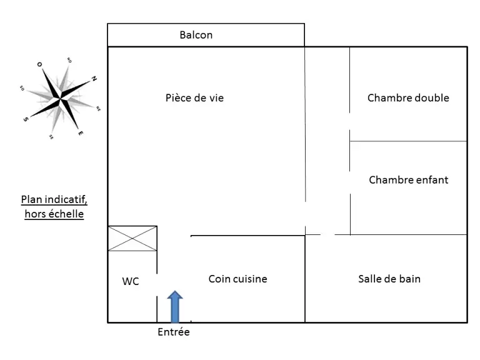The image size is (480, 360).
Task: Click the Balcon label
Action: point(196,35)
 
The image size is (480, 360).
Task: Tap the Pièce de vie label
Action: point(195,98)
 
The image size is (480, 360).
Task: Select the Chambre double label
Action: point(408,98)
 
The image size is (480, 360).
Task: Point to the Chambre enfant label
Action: point(409,180)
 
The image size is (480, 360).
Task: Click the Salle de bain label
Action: point(389,279)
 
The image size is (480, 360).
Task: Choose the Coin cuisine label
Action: point(238,279)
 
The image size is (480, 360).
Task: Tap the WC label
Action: point(131,281)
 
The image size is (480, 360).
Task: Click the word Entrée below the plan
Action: point(174,332)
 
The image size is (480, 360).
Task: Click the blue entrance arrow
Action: point(175,306)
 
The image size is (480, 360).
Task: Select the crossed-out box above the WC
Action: point(132,239)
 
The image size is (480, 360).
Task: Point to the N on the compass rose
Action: point(94,79)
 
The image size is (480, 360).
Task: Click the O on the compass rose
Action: point(39,64)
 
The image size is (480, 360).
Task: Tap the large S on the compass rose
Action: point(26,119)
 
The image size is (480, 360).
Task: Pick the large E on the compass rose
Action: point(81,133)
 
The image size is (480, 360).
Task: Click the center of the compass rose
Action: point(60,98)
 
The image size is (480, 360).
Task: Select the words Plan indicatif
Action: point(54,199)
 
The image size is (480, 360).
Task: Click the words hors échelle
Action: point(54,214)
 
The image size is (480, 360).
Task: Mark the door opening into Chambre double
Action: point(349,121)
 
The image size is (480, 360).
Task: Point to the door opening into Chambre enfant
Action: point(350,182)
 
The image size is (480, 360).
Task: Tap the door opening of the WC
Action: point(157,285)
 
